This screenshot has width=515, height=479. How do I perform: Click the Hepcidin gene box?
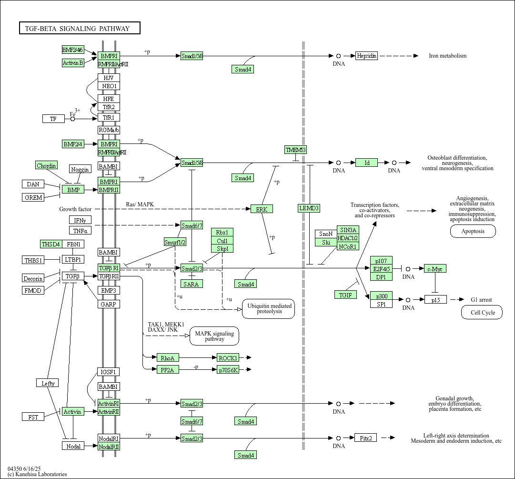point(366,56)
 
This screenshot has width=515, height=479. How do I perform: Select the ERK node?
point(262,209)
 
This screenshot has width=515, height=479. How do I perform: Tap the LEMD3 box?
point(309,208)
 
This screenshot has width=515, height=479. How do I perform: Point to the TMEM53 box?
point(295,150)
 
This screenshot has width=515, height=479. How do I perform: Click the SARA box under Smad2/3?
point(192,284)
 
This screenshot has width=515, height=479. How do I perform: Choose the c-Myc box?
point(434,269)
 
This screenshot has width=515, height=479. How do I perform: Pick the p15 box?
point(435,300)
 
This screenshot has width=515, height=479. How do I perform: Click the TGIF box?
point(345,295)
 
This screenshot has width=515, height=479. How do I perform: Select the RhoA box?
point(168,357)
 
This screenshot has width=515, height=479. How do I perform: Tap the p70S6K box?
point(228,369)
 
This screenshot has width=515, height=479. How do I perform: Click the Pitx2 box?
point(366,438)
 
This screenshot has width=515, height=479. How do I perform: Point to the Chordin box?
point(47,165)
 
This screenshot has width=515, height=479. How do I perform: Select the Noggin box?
point(80,169)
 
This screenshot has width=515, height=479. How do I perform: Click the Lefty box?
point(48,383)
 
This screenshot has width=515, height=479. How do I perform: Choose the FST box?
point(33,417)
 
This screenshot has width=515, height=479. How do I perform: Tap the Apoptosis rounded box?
point(473,231)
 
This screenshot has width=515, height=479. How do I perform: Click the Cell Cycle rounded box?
point(482,313)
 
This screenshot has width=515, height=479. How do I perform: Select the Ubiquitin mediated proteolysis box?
point(269,308)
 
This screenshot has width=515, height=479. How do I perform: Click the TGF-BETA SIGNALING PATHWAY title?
point(80,28)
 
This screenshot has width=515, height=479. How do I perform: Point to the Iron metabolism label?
point(447,56)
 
